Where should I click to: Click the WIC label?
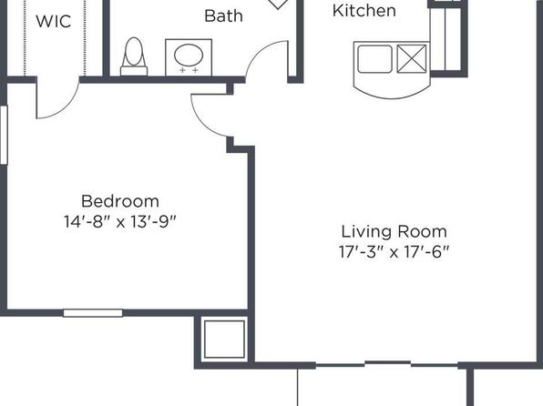pos(54,22)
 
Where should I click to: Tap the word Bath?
pos(224,15)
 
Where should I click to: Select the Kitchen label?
pos(364,10)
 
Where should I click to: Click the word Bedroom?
pos(120,201)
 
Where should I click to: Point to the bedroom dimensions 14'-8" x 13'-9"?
pos(120,221)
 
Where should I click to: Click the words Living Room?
pos(394,231)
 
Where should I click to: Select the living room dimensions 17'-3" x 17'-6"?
pos(394,252)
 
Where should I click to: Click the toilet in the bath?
pos(134,56)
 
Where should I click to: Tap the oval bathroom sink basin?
pos(189,55)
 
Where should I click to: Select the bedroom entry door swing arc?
pos(203,121)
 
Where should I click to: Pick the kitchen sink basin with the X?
pos(412,59)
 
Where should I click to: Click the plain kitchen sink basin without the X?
pos(374,59)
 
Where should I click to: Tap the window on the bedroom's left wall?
pos(4,135)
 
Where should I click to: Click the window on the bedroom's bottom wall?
pos(93,313)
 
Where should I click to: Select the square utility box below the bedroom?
pos(224,340)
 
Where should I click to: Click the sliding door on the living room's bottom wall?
pos(388,364)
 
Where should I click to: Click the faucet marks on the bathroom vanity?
pos(189,71)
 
